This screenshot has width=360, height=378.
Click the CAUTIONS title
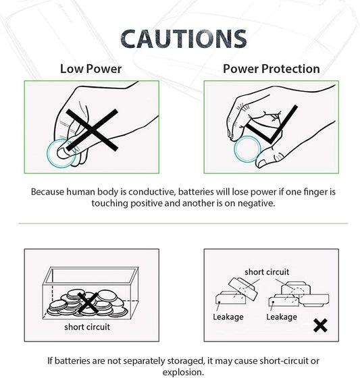coord(184,39)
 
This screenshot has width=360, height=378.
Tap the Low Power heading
coord(91,69)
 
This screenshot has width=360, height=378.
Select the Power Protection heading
coord(272,69)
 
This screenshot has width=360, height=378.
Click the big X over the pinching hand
coord(92,130)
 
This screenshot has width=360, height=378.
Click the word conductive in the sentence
coord(152,192)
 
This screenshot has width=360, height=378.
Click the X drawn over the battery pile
coord(88,303)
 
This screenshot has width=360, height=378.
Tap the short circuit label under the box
coord(87,327)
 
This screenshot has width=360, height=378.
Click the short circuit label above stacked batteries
coord(267,272)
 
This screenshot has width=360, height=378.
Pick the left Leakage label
coord(228,317)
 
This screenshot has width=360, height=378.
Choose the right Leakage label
coord(282,317)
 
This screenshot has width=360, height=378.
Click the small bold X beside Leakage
coord(320,325)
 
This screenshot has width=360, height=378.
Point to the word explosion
coord(183,372)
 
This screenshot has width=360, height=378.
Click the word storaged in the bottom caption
coord(185,361)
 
